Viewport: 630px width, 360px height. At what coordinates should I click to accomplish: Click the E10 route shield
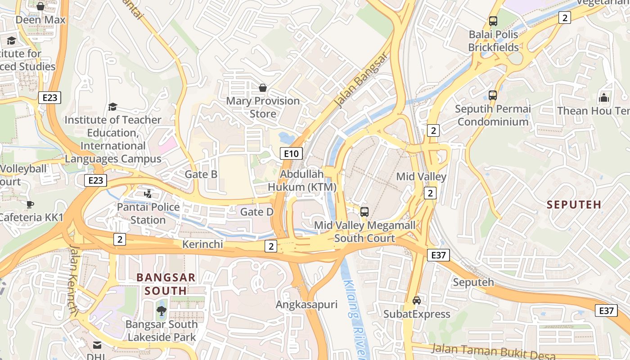click(x=291, y=153)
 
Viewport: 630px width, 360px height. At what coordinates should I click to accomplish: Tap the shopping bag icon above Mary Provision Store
click(x=262, y=88)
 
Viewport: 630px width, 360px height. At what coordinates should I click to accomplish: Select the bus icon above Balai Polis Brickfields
click(x=493, y=21)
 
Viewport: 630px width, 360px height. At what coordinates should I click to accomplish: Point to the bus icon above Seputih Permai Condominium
click(x=493, y=95)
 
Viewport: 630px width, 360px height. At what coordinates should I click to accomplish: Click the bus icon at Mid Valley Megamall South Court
click(x=364, y=211)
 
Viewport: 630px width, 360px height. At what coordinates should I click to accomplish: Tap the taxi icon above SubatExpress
click(x=417, y=301)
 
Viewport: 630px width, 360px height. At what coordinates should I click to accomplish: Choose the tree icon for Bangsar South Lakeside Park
click(x=161, y=310)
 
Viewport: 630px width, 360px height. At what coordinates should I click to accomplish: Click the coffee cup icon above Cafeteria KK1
click(x=30, y=204)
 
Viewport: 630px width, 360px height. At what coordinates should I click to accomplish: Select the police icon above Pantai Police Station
click(x=148, y=193)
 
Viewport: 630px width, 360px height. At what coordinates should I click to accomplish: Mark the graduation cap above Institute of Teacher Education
click(x=112, y=107)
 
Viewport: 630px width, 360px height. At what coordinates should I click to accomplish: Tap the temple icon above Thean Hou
click(x=603, y=97)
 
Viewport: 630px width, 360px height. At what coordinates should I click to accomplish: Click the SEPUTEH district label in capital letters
click(x=574, y=205)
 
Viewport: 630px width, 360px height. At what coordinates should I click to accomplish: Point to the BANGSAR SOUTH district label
click(x=166, y=284)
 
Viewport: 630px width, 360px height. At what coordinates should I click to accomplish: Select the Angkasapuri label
click(x=306, y=305)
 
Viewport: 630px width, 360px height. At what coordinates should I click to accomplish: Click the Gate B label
click(x=201, y=175)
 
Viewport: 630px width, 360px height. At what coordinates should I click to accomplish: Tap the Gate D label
click(x=257, y=211)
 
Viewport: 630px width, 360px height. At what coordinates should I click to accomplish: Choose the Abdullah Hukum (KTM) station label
click(x=302, y=180)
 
